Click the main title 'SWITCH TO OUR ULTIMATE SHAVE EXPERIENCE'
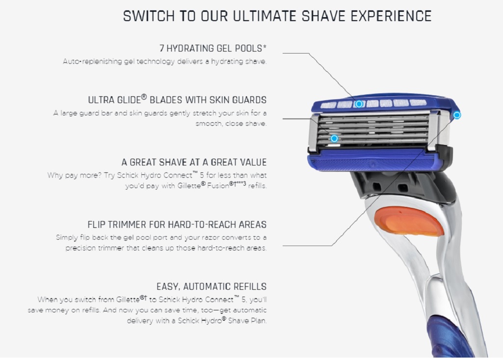(277, 16)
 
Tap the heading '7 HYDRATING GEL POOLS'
(211, 49)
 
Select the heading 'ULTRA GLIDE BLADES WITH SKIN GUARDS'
(177, 100)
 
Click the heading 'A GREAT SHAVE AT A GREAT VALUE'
(194, 162)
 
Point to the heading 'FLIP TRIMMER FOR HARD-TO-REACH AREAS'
(177, 224)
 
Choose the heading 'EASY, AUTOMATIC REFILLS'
(212, 286)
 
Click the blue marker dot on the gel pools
(359, 104)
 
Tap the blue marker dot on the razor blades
(334, 138)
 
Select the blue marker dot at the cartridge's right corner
(457, 115)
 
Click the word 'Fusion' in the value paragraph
(218, 186)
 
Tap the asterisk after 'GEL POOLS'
(265, 47)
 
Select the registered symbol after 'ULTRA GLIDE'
(144, 97)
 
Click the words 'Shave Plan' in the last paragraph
(247, 321)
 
